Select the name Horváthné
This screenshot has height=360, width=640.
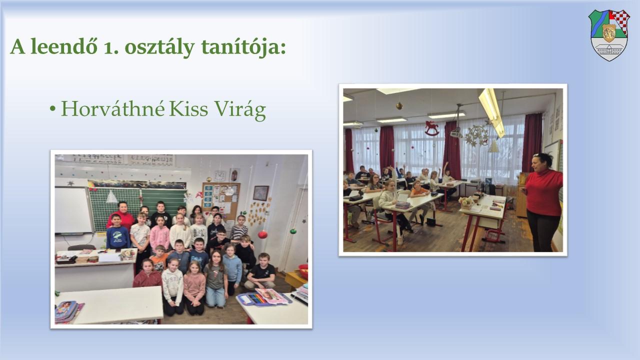click(x=113, y=108)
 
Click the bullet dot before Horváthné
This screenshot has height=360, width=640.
click(x=52, y=109)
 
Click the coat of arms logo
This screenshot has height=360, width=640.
click(x=609, y=35)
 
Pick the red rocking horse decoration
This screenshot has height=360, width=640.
click(x=431, y=128)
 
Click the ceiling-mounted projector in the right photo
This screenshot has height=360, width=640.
click(x=456, y=133)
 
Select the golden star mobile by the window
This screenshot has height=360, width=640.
click(x=476, y=135)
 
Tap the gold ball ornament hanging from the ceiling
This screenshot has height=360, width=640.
click(x=399, y=106)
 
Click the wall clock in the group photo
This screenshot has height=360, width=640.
click(x=219, y=175)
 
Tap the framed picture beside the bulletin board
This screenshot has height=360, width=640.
click(x=261, y=193)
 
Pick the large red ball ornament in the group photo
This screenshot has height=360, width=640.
click(x=262, y=234)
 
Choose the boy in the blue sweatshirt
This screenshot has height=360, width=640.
click(x=117, y=232)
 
